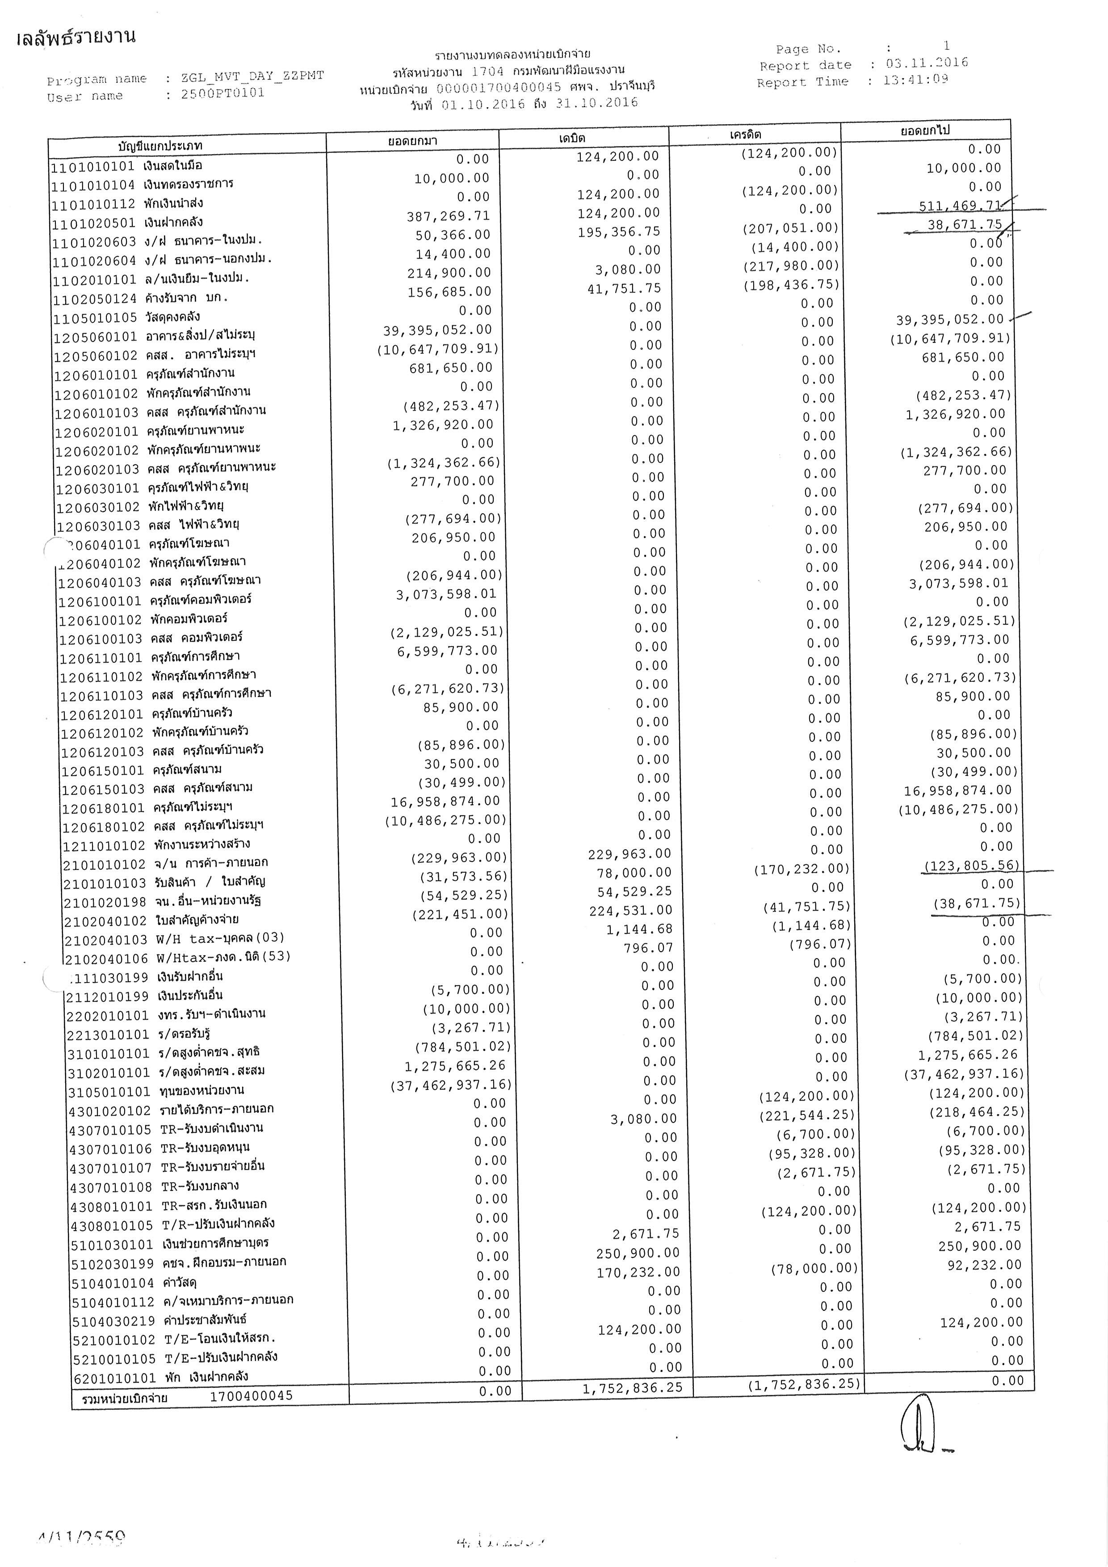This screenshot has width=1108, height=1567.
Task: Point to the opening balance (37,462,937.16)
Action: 450,1085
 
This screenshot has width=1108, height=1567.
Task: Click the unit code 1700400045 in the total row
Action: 251,1396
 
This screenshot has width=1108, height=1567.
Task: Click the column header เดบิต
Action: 572,138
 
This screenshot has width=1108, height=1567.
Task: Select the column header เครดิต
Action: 745,134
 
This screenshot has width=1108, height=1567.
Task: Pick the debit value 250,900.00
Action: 638,1253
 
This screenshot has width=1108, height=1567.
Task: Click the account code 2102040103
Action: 106,940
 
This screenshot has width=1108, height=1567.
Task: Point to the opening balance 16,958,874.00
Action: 445,801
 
